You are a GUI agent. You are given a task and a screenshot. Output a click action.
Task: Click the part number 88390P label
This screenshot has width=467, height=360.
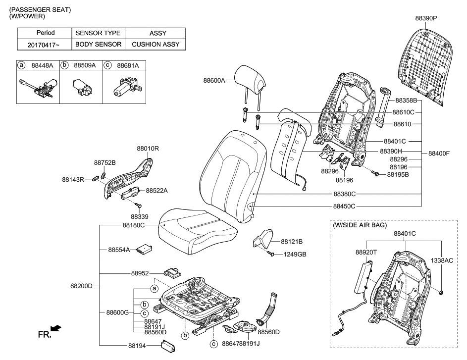click(x=426, y=18)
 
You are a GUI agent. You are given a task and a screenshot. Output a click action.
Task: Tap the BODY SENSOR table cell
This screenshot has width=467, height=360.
click(x=98, y=45)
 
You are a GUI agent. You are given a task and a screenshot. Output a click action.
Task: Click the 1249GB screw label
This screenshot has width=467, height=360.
click(x=294, y=255)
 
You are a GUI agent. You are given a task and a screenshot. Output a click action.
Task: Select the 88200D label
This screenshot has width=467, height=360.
click(x=81, y=286)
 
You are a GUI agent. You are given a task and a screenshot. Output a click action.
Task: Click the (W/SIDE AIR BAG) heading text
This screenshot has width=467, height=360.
click(x=359, y=225)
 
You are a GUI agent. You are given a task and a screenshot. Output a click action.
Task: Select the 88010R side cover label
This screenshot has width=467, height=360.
click(x=148, y=148)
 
